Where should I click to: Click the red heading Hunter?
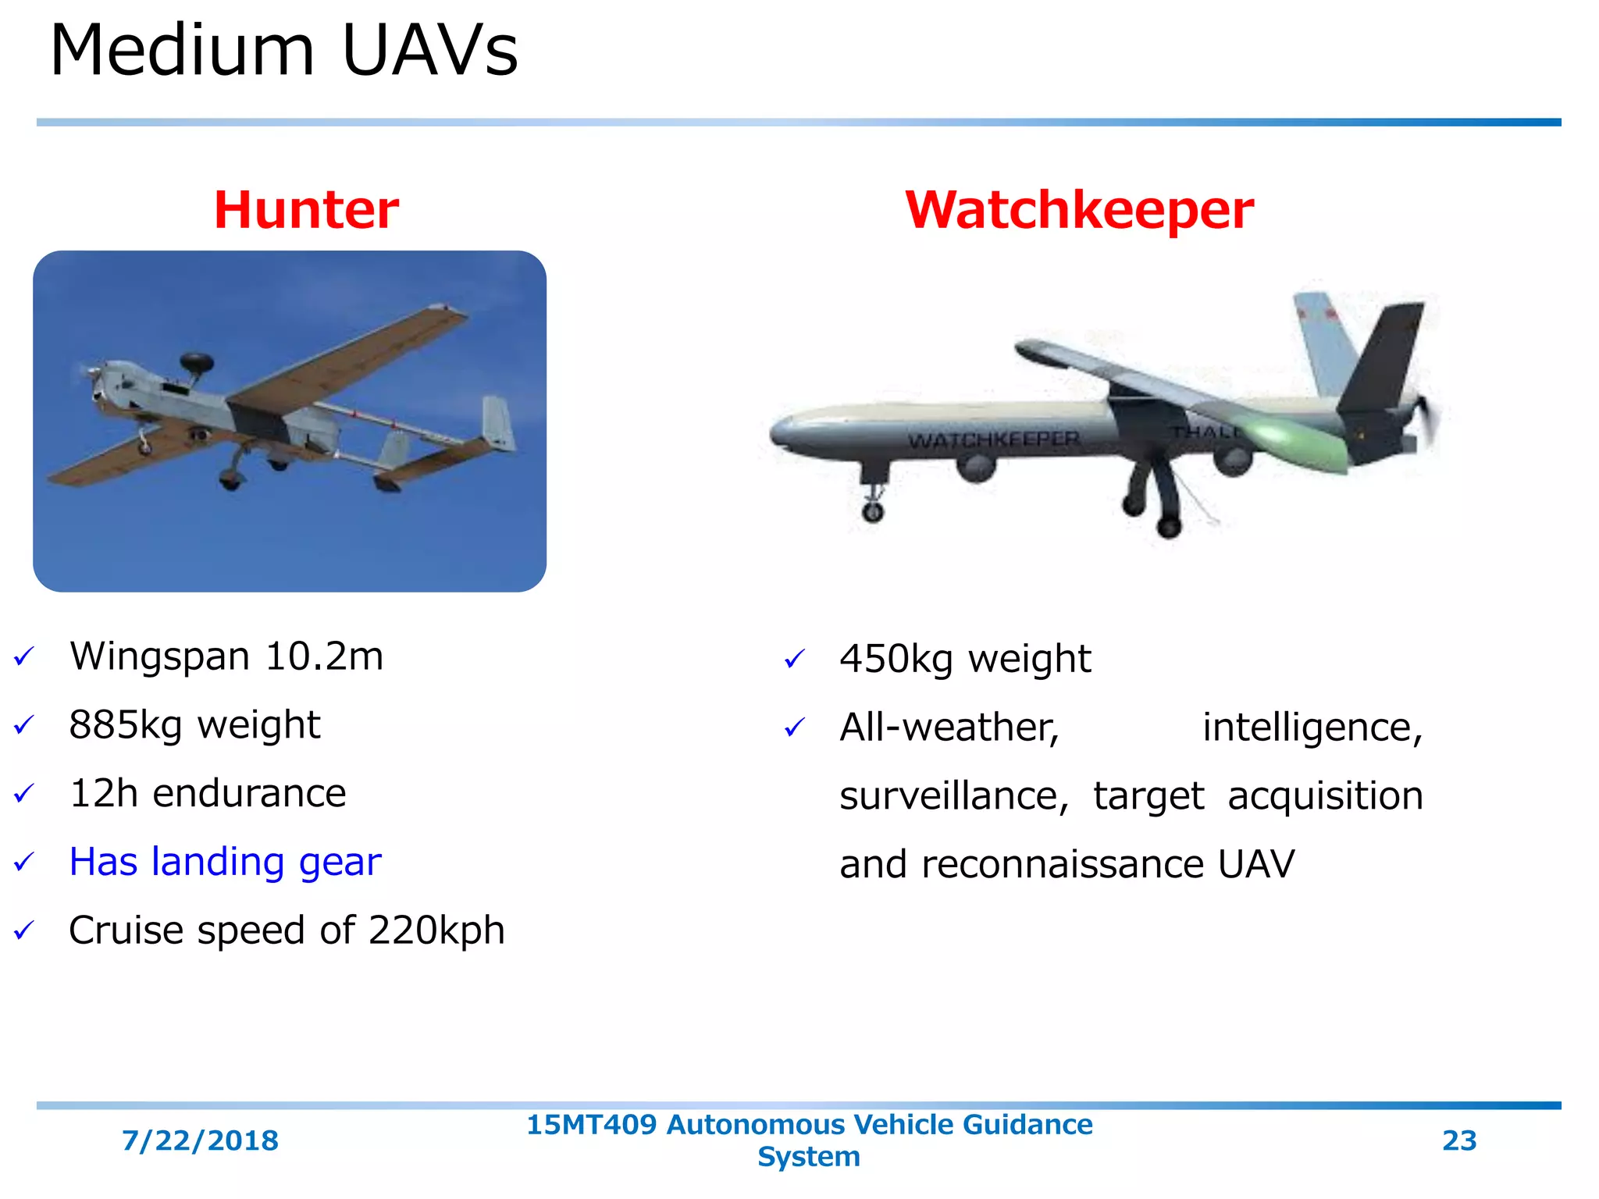click(x=306, y=210)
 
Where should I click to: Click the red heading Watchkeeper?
click(x=1079, y=210)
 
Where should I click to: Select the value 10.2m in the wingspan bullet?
click(x=324, y=656)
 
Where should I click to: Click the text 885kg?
click(x=125, y=725)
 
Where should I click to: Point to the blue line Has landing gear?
click(x=225, y=862)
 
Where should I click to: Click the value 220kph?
click(x=436, y=930)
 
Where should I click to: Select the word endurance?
click(x=249, y=794)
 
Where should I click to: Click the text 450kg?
click(x=896, y=659)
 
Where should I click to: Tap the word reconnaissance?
click(x=1062, y=864)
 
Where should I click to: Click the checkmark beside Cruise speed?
click(x=24, y=930)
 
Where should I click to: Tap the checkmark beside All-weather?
click(x=794, y=728)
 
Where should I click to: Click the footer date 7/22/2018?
click(x=200, y=1140)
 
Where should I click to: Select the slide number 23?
click(x=1458, y=1140)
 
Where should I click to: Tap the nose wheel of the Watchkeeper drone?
click(x=872, y=511)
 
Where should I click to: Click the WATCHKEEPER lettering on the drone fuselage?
click(x=993, y=440)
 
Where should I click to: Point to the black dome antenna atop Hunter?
click(x=196, y=362)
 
